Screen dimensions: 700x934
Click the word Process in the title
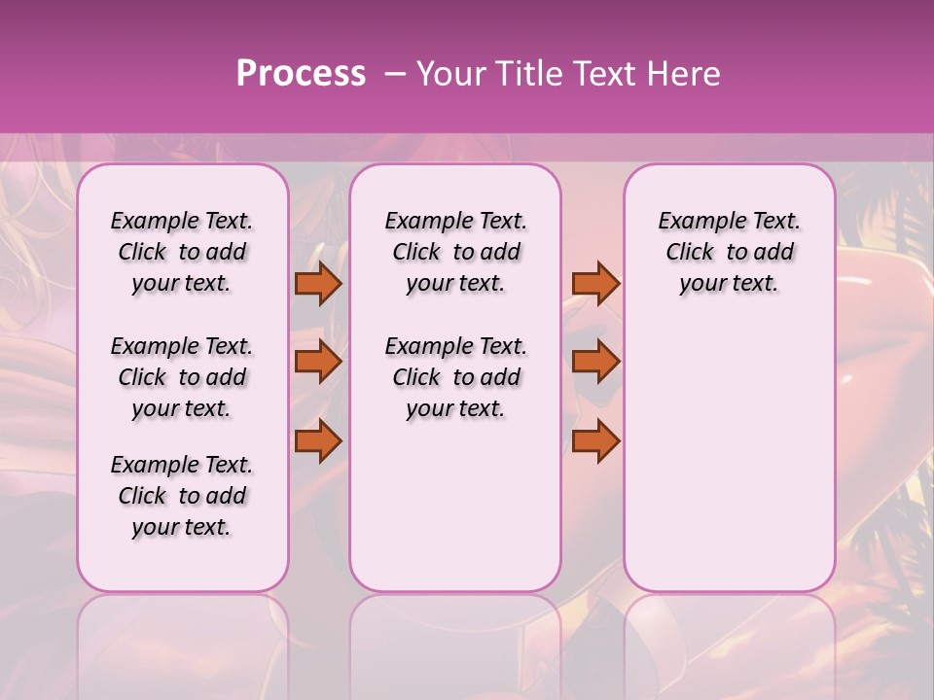tap(301, 74)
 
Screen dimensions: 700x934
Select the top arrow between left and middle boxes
tap(318, 283)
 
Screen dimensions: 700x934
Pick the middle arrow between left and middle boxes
tap(318, 362)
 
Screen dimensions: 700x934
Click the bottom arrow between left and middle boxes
tap(318, 440)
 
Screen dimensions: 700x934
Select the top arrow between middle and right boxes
tap(594, 283)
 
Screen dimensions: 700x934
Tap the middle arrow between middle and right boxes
tap(594, 362)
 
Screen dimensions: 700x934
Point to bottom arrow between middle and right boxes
tap(594, 440)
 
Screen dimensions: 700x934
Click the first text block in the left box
tap(182, 252)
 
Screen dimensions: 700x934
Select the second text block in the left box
tap(182, 377)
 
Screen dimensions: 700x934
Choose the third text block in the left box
tap(182, 496)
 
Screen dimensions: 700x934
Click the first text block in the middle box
tap(455, 252)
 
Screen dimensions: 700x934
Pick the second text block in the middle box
tap(455, 377)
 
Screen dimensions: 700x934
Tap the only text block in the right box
tap(730, 252)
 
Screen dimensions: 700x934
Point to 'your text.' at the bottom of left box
tap(182, 527)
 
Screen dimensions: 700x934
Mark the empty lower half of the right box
tap(730, 457)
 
